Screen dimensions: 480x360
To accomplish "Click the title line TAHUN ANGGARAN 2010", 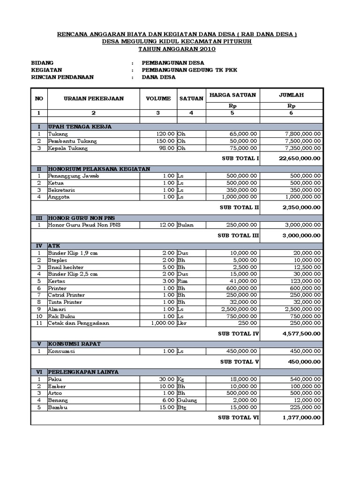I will pos(177,49).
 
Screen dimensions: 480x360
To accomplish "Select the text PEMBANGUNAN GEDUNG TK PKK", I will pos(190,70).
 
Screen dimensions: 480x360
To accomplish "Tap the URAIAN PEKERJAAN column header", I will pos(94,98).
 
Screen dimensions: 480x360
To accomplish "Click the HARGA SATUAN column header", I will pos(232,95).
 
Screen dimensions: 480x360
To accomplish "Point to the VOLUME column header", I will pos(158,98).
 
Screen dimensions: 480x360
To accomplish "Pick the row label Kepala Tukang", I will pos(67,148).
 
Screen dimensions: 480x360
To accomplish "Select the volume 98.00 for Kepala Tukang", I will pos(165,148).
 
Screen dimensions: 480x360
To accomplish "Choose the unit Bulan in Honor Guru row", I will pos(185,225).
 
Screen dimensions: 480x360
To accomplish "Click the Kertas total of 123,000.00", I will pos(304,281).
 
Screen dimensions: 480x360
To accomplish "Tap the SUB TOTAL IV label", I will pos(239,334).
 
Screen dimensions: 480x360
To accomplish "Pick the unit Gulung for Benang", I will pos(187,400).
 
